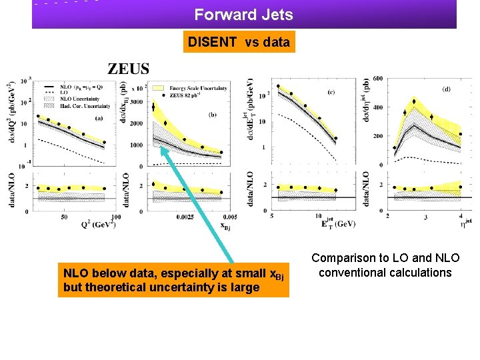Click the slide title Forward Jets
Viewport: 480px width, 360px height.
click(243, 14)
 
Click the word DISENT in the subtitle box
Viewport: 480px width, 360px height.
click(212, 43)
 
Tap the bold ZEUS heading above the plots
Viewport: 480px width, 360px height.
click(129, 69)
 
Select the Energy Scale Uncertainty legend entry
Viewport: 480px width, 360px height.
click(198, 87)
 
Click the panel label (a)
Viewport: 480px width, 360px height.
click(98, 118)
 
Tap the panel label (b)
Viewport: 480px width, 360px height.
click(212, 114)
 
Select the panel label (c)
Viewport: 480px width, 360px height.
click(331, 92)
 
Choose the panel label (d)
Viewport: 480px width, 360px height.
click(445, 88)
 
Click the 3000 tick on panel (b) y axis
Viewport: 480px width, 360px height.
click(136, 102)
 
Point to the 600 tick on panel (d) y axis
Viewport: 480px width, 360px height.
click(377, 79)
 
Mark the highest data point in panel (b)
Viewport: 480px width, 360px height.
click(155, 105)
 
